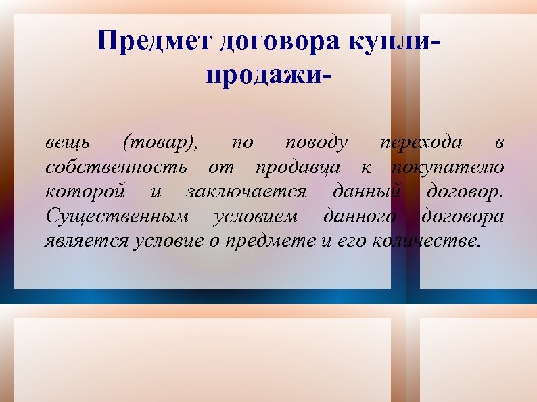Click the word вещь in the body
click(66, 143)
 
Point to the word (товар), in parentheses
click(160, 143)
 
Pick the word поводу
click(317, 143)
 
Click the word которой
click(85, 192)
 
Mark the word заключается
click(246, 192)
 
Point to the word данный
click(365, 192)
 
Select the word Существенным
click(116, 217)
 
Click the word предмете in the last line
click(268, 241)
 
